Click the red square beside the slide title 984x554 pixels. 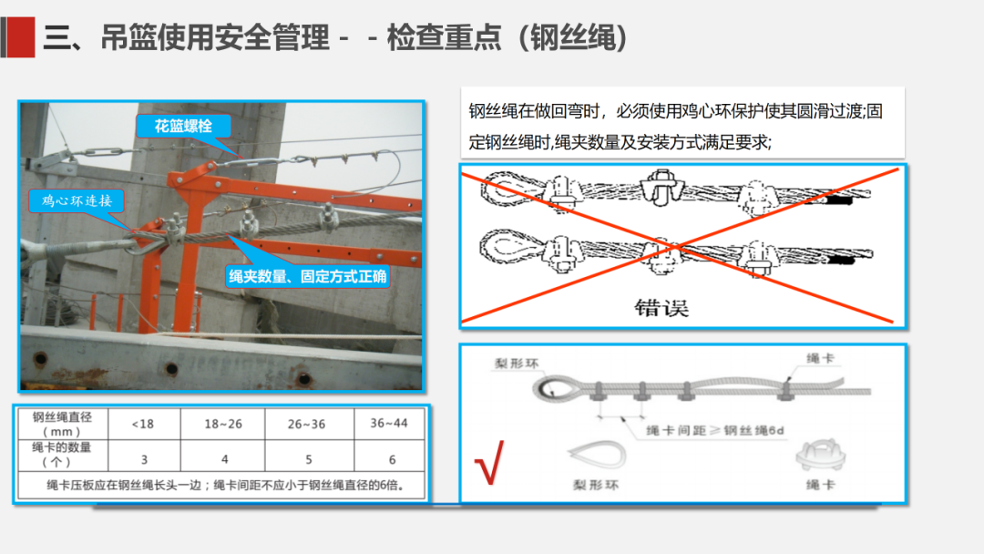(21, 37)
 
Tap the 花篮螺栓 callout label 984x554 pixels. (183, 126)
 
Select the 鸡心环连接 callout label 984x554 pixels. (77, 200)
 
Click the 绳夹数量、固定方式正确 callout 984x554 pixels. (308, 276)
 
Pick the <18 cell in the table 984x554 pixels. (143, 424)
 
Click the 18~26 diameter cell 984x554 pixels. (223, 424)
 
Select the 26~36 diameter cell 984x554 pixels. (307, 424)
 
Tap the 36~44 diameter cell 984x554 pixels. (389, 424)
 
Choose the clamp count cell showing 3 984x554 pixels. (144, 459)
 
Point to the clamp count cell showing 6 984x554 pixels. (392, 459)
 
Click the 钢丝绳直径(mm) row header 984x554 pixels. (62, 424)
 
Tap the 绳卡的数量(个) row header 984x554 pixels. (62, 455)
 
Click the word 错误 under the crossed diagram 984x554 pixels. (661, 307)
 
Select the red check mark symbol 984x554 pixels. (490, 462)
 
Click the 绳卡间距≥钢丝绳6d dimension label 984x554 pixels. (715, 430)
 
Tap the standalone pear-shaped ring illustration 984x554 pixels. (597, 455)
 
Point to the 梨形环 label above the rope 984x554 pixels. (517, 364)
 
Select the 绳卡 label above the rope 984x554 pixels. (820, 358)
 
